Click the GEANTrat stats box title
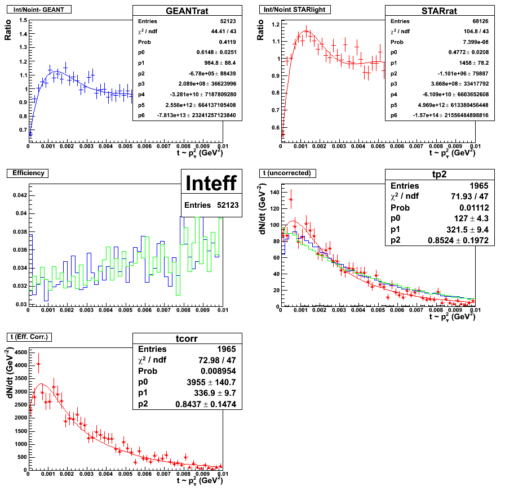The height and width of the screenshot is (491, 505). (x=187, y=11)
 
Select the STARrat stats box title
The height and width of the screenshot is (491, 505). (x=440, y=11)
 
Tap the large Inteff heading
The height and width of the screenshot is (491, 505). (x=211, y=183)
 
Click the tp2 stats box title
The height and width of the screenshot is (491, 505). (x=440, y=174)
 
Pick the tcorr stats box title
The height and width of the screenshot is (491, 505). (x=187, y=338)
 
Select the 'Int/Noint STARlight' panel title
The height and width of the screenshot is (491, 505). (x=294, y=9)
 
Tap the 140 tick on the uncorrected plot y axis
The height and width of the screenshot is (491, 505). (x=275, y=192)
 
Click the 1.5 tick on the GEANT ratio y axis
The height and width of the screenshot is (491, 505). (x=22, y=20)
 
